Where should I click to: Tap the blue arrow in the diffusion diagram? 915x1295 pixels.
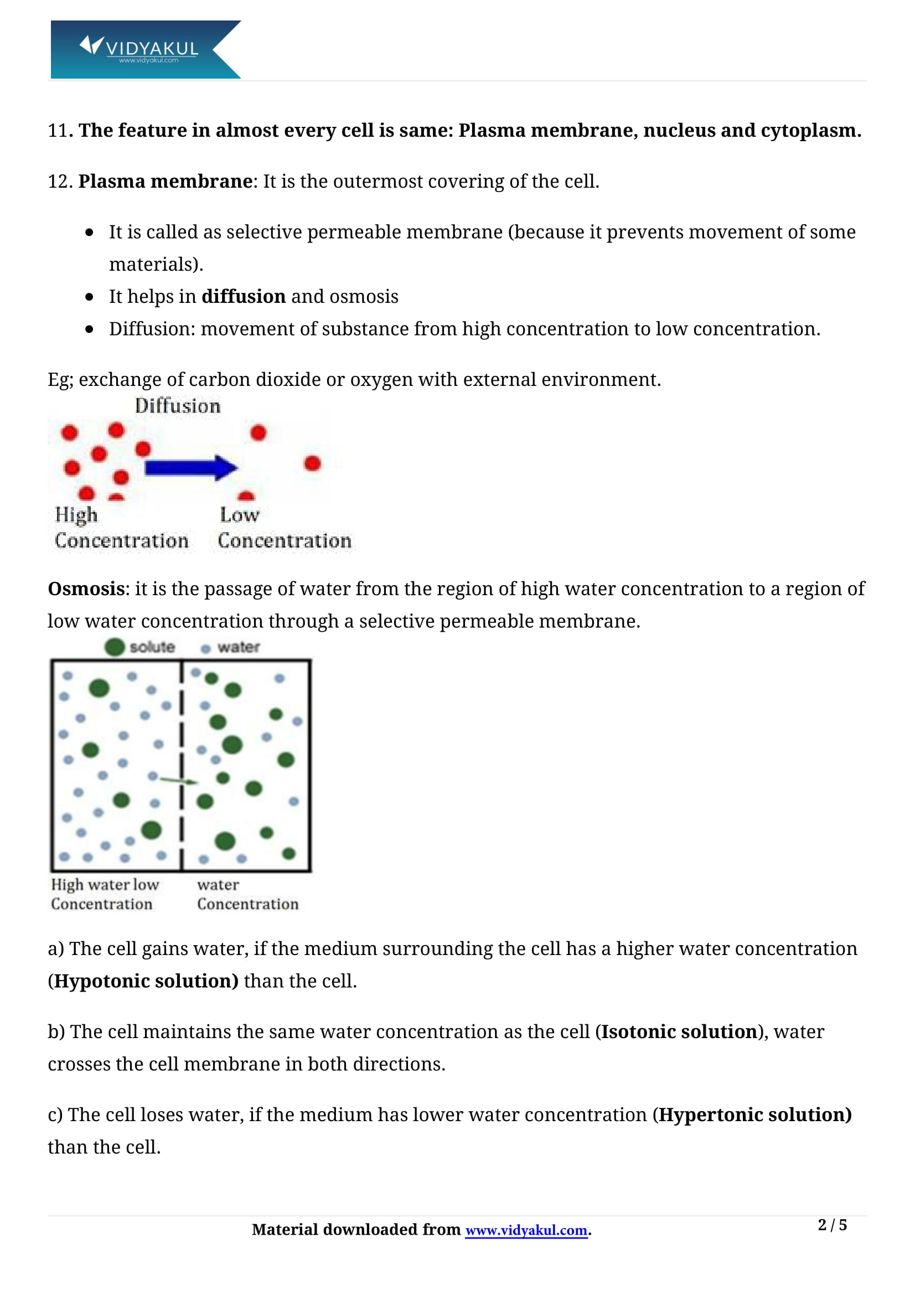pos(190,468)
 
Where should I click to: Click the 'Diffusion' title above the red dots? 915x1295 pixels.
pos(178,406)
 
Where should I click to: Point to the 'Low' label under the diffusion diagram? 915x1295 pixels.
pos(240,515)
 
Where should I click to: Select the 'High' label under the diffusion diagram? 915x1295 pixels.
pos(76,515)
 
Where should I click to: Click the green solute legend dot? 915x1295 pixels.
pos(115,647)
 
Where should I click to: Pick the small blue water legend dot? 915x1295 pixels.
pos(206,649)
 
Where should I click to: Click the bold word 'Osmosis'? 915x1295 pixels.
pos(86,589)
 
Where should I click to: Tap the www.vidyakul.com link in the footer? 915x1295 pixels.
pos(526,1230)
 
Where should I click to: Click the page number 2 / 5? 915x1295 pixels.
pos(832,1225)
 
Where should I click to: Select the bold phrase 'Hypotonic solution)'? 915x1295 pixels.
pos(146,981)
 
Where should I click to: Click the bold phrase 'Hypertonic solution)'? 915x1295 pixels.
pos(756,1115)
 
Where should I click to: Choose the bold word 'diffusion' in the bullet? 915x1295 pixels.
pos(244,297)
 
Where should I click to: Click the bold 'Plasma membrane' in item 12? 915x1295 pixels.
pos(165,182)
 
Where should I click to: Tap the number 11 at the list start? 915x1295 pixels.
pos(58,131)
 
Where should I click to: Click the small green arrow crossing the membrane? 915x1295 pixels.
pos(179,781)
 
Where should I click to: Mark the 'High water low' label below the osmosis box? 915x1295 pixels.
pos(105,885)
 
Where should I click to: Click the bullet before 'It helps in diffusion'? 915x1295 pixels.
pos(89,297)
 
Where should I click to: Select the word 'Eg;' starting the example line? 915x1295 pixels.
pos(60,380)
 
